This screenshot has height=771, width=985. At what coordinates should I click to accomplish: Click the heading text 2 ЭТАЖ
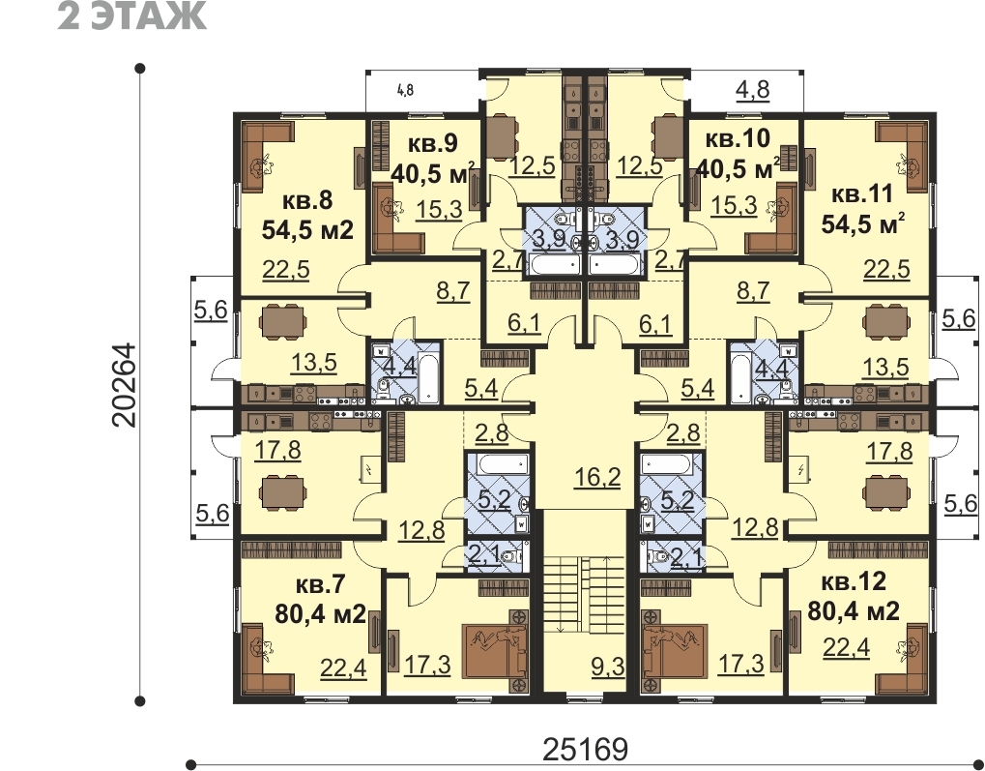pos(131,15)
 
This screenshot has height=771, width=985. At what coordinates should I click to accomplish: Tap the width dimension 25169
pos(586,749)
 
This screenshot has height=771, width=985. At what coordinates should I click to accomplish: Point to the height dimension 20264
pos(124,385)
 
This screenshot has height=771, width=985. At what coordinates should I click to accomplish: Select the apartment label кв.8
pos(306,202)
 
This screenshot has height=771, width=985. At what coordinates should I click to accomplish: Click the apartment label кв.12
pos(854,582)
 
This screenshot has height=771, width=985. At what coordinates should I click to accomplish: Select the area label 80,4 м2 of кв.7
pos(320,613)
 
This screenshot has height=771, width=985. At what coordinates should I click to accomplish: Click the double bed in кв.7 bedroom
pos(494,651)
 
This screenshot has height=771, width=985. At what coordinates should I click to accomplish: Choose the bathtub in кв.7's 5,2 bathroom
pos(501,466)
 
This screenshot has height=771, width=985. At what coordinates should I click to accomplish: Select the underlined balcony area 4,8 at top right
pos(753,90)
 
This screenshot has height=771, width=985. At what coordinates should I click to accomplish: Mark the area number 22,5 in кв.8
pos(286,270)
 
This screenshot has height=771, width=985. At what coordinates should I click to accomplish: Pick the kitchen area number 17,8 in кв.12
pos(889,451)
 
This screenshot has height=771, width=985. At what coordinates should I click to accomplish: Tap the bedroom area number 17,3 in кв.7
pos(428,664)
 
